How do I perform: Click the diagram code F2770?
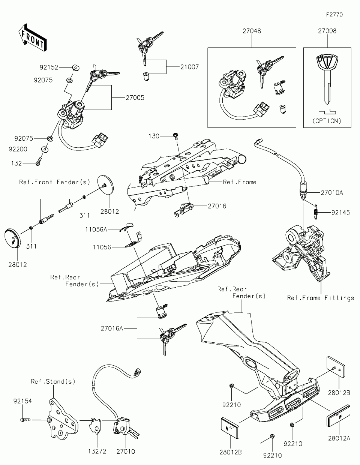(x=334, y=15)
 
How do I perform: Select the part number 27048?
(x=252, y=31)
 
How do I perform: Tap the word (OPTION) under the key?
(x=327, y=121)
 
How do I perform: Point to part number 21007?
(x=189, y=67)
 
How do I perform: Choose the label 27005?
(x=135, y=98)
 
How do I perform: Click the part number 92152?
(x=49, y=67)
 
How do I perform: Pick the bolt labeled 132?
(x=38, y=163)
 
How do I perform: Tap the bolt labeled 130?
(x=176, y=136)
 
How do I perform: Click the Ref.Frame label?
(x=240, y=182)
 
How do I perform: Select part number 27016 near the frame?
(x=217, y=206)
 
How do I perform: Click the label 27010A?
(x=332, y=193)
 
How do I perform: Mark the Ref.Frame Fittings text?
(x=320, y=298)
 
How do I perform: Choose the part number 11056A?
(x=96, y=229)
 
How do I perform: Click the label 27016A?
(x=112, y=328)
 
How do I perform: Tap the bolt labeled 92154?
(x=25, y=420)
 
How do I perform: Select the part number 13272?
(x=97, y=451)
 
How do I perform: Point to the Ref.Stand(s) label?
(x=53, y=381)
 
